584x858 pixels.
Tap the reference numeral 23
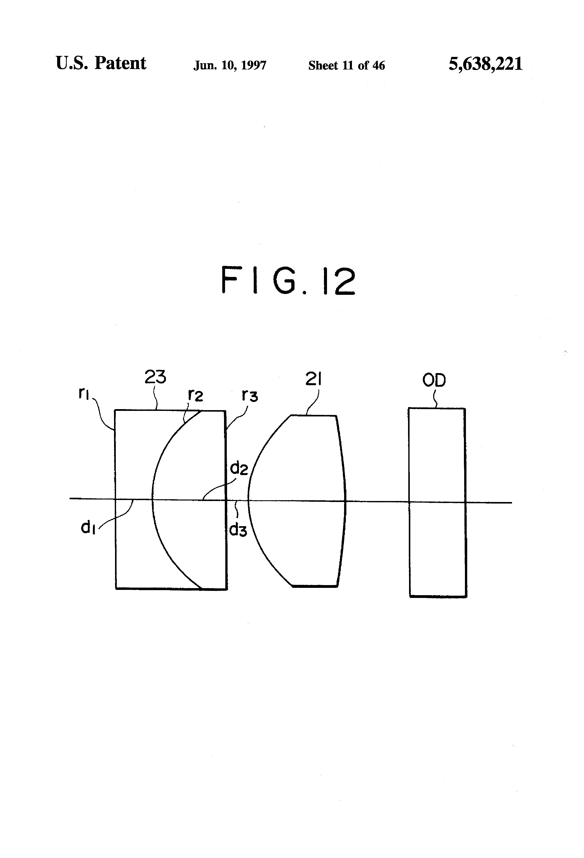click(155, 377)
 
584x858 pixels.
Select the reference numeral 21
click(313, 379)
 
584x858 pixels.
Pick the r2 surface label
click(195, 396)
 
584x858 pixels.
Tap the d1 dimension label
click(88, 528)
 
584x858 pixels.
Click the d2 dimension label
click(238, 468)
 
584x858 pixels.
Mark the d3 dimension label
click(238, 530)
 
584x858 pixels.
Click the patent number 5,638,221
click(485, 64)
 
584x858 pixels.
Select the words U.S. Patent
click(101, 63)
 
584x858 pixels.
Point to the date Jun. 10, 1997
click(230, 65)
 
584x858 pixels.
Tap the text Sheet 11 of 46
click(346, 65)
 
